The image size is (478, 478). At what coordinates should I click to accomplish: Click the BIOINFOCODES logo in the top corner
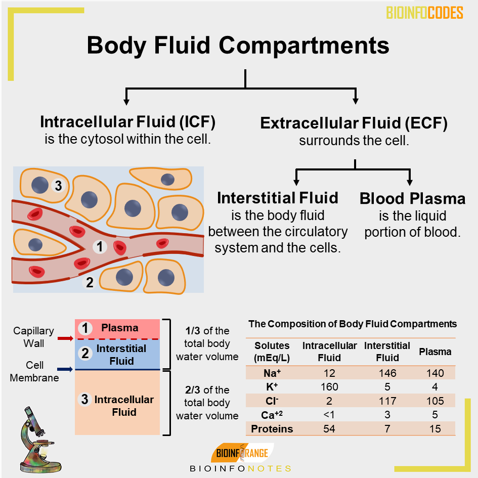(x=424, y=13)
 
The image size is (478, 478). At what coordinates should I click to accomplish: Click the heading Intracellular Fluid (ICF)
(x=127, y=122)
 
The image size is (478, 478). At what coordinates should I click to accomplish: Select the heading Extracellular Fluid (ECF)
(x=354, y=123)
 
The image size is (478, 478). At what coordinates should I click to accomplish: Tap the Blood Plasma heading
(x=412, y=198)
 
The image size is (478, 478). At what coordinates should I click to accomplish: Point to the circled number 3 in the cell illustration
(x=58, y=186)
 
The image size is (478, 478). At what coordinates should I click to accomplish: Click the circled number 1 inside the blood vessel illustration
(x=100, y=246)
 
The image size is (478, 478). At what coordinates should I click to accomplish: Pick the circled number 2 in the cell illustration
(x=90, y=282)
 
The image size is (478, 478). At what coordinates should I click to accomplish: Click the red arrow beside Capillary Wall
(x=65, y=338)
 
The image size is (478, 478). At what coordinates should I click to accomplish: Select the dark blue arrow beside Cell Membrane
(x=65, y=369)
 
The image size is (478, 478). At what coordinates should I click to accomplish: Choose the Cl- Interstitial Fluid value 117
(x=387, y=401)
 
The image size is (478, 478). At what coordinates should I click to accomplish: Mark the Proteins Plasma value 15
(x=435, y=429)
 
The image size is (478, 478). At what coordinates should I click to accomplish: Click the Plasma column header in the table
(x=435, y=352)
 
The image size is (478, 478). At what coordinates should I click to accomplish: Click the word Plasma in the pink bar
(x=120, y=328)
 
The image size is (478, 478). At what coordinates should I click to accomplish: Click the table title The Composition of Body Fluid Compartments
(x=353, y=324)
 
